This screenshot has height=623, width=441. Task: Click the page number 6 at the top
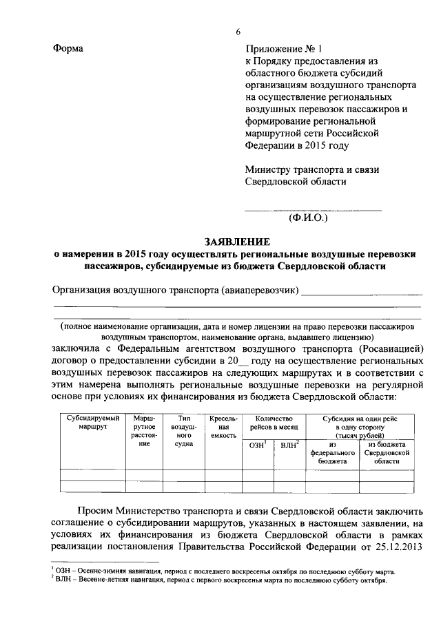(x=238, y=32)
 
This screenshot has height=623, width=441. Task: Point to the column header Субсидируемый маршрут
(x=93, y=423)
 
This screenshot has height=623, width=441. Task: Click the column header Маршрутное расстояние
(x=144, y=431)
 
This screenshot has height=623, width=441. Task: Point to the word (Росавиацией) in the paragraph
(x=387, y=349)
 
